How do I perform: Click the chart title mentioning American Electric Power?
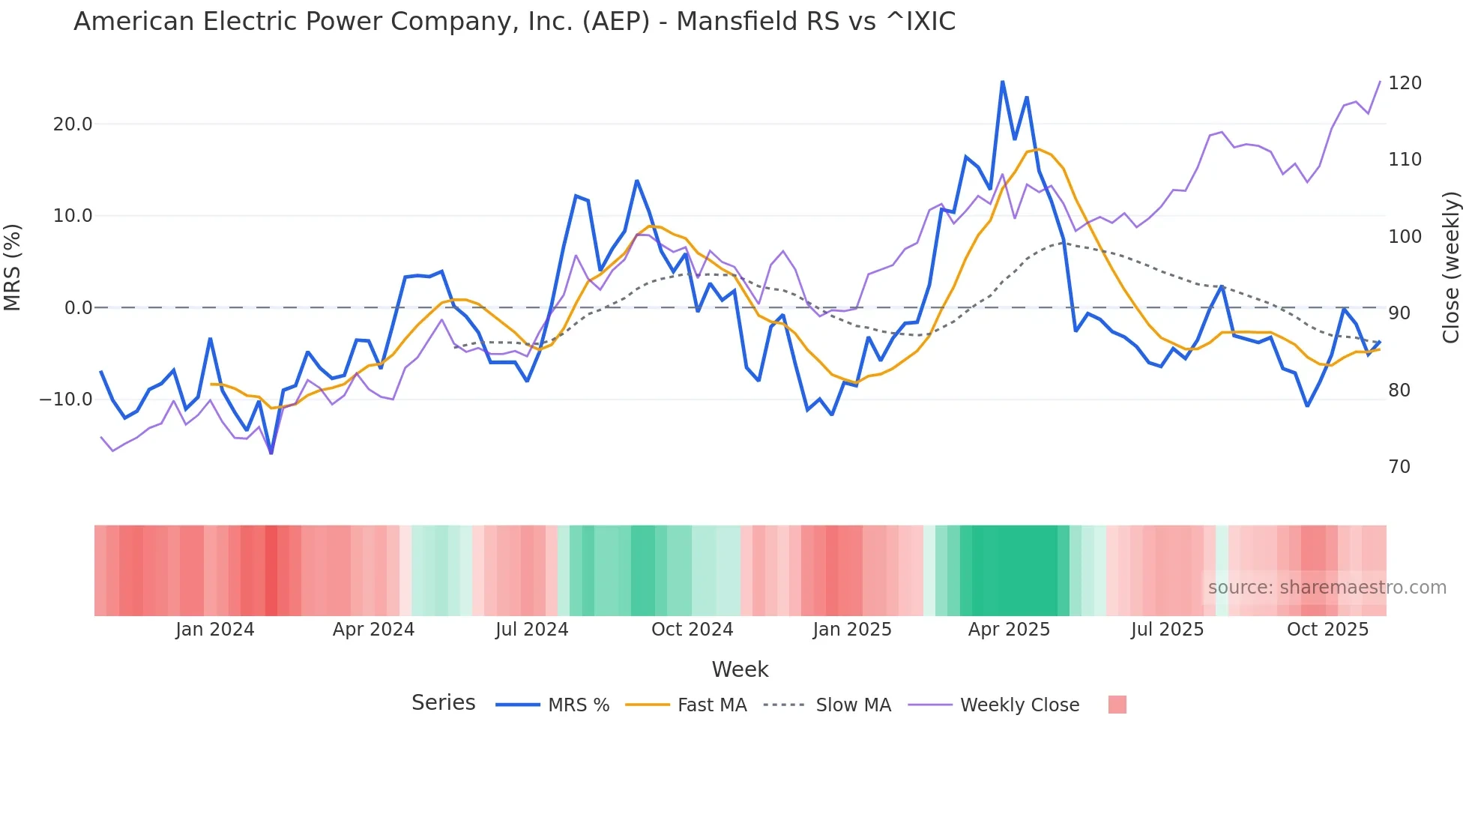point(514,22)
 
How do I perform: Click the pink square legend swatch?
point(1117,705)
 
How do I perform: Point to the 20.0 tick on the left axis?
point(73,124)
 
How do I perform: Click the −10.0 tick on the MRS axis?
point(66,400)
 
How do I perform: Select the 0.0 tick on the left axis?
point(78,308)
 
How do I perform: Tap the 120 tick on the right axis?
point(1405,83)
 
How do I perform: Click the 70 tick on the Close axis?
point(1399,467)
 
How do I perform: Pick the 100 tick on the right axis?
point(1405,237)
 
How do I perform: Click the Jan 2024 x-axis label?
point(215,630)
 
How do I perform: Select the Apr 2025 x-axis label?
point(1009,630)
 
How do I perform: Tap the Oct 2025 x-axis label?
point(1327,630)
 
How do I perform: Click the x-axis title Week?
point(740,669)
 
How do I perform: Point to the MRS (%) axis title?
point(13,267)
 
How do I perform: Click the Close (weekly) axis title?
point(1451,267)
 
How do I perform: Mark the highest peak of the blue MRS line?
point(1002,82)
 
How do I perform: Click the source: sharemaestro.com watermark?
point(1327,588)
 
